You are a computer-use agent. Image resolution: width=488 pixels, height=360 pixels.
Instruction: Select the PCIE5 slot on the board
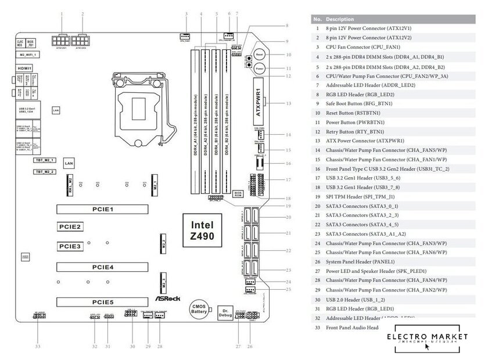[102, 303]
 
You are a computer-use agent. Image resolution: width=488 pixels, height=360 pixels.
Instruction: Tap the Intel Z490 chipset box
[202, 231]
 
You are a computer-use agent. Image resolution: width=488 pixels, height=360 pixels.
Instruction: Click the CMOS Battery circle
[199, 308]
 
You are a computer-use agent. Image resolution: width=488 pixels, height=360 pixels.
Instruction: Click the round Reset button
[260, 54]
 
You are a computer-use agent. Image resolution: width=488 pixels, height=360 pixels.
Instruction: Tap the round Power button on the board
[260, 68]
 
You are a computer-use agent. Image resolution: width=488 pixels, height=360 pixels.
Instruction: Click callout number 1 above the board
[63, 13]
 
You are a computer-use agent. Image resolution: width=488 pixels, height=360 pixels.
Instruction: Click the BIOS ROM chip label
[238, 194]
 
